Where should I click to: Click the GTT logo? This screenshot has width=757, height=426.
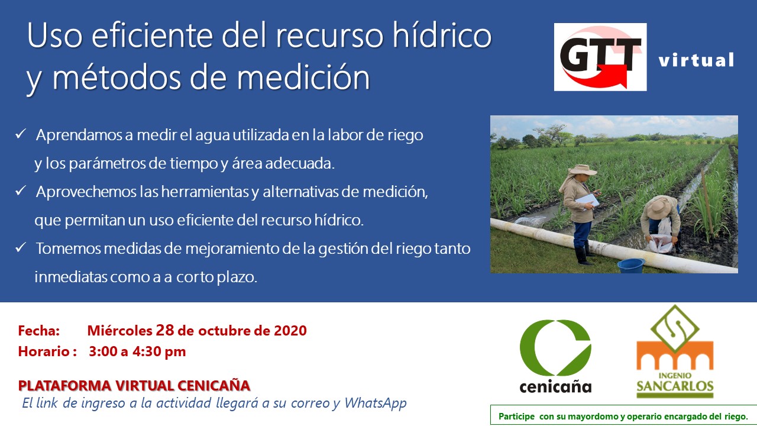(x=600, y=57)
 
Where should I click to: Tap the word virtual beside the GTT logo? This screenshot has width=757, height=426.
(x=696, y=60)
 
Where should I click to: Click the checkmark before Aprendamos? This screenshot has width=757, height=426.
(x=21, y=134)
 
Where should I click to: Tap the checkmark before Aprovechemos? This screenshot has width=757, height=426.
(x=21, y=191)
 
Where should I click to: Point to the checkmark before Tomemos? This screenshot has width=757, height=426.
(x=21, y=247)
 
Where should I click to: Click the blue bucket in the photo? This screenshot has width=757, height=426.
(x=631, y=266)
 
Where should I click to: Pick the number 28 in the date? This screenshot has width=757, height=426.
(x=164, y=330)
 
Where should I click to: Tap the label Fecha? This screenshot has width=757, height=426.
(x=39, y=331)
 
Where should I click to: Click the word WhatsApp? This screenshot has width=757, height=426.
(x=375, y=403)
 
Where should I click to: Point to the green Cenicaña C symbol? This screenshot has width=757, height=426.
(x=555, y=347)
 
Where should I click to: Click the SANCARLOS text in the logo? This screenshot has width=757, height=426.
(x=675, y=386)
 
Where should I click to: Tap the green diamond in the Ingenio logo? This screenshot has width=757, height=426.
(x=675, y=328)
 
